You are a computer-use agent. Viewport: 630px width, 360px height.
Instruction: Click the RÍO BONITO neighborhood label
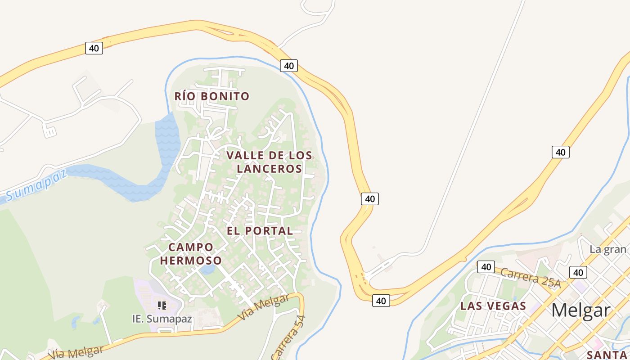tap(211, 96)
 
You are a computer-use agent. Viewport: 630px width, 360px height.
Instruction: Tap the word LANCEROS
tap(269, 169)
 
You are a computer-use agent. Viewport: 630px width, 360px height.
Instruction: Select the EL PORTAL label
tap(260, 231)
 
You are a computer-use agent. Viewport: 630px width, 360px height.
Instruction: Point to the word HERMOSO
tap(191, 261)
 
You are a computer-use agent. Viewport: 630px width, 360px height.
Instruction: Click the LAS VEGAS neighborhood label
tap(493, 306)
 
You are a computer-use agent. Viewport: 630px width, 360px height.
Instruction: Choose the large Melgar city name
tap(580, 310)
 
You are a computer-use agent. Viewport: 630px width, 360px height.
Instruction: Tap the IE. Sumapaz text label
tap(162, 319)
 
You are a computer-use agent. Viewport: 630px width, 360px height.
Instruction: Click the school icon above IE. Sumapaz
tap(162, 306)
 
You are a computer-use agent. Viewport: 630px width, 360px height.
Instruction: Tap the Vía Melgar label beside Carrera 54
tap(263, 308)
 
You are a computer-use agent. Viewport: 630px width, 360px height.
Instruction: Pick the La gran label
tap(608, 249)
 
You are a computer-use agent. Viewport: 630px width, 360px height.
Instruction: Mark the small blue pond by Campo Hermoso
tap(207, 270)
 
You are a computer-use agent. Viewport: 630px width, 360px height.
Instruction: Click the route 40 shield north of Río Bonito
tap(288, 66)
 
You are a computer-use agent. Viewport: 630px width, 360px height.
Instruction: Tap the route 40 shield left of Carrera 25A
tap(486, 267)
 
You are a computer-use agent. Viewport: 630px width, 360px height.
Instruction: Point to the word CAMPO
tap(191, 247)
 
